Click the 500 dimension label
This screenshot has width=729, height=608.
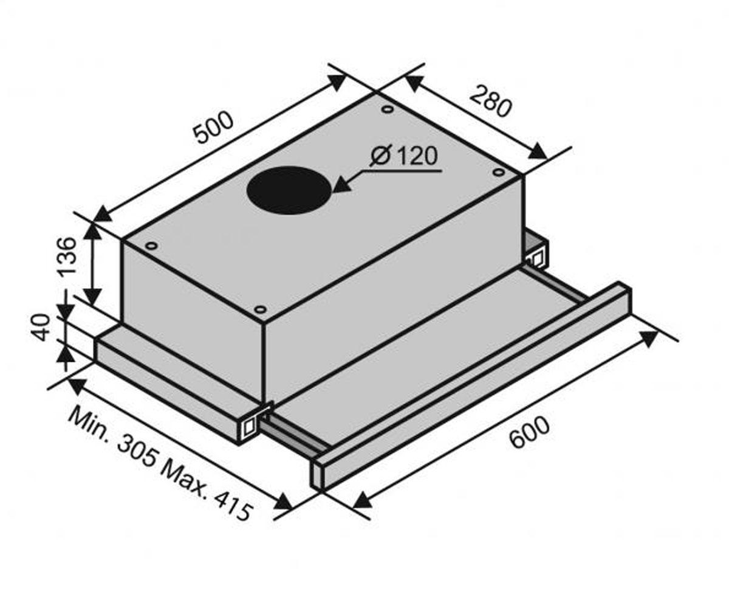pos(214,127)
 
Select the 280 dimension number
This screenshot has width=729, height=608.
pos(490,102)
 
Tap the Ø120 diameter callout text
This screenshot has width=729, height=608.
pos(403,156)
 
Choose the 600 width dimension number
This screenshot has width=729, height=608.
pos(529,432)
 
